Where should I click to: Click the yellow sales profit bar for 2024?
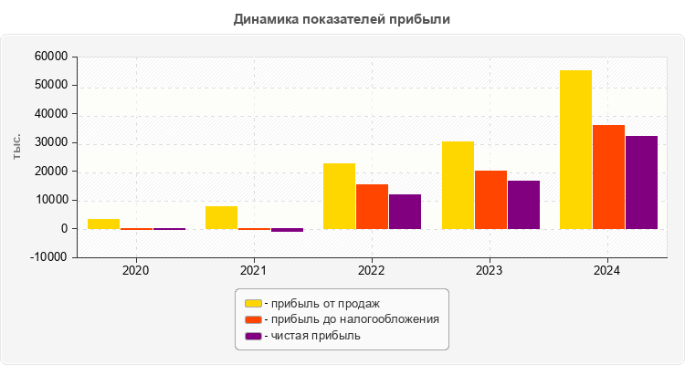click(575, 150)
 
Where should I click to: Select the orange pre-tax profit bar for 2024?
click(608, 177)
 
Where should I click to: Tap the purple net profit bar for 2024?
click(641, 182)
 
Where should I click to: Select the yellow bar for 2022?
click(339, 196)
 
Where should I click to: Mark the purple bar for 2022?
click(405, 212)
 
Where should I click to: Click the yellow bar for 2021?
click(221, 217)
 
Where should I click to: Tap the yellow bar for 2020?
click(103, 224)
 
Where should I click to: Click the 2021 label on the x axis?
click(254, 271)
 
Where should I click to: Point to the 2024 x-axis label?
click(607, 271)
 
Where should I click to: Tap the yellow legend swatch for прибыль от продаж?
click(253, 303)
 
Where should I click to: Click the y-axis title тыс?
click(18, 146)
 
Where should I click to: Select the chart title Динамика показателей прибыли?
click(342, 18)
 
